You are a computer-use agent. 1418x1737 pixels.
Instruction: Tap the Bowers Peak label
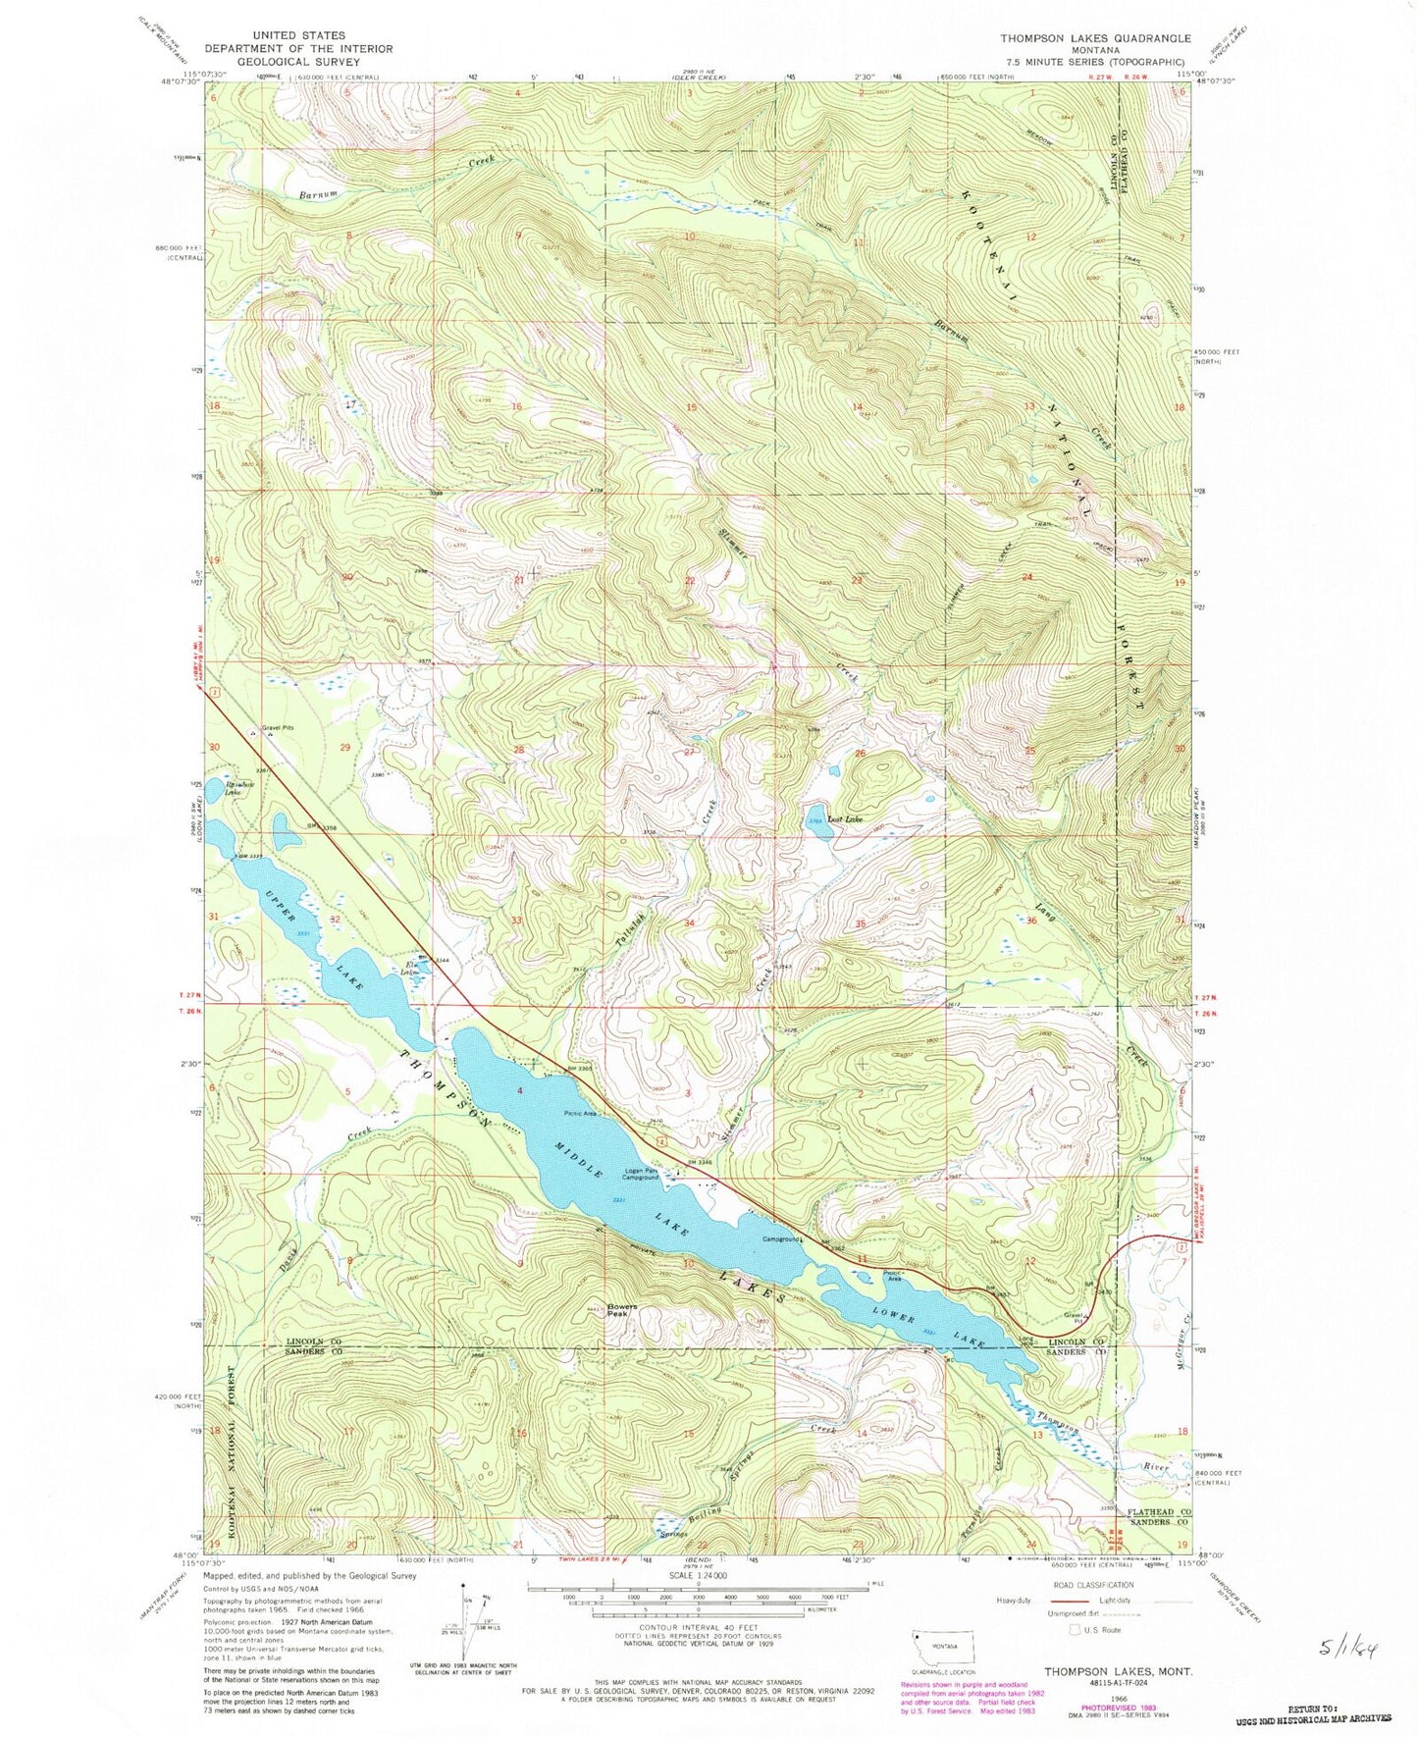(x=622, y=1310)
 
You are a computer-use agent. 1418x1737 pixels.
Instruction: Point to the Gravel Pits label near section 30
(x=271, y=727)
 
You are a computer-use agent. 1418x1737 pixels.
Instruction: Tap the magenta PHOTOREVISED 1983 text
(x=1085, y=1705)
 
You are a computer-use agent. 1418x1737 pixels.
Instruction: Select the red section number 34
(x=689, y=923)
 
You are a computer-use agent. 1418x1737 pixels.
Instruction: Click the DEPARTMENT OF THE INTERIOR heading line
(x=300, y=48)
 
